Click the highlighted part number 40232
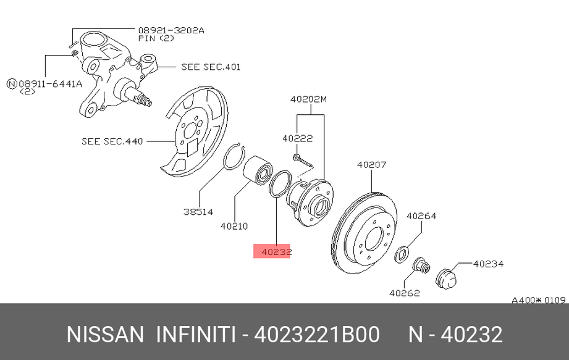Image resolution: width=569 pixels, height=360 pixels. (277, 251)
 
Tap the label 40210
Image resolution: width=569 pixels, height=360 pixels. (234, 226)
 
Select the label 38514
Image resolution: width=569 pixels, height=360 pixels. (198, 212)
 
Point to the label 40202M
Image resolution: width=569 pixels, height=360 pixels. (308, 99)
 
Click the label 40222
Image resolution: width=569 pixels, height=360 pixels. (298, 138)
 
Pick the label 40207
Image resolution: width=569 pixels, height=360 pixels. (371, 165)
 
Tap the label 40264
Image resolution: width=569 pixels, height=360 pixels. (421, 216)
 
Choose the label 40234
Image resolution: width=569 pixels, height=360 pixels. (489, 264)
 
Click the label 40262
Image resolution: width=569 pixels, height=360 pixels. (405, 293)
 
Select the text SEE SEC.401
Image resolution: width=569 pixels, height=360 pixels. (211, 67)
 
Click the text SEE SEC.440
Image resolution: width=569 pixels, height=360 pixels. (112, 141)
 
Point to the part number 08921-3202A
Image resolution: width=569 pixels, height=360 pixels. (171, 30)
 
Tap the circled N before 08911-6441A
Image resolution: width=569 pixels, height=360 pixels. (12, 84)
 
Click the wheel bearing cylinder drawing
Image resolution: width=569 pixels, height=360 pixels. (257, 170)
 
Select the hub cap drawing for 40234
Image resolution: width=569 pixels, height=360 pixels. (446, 278)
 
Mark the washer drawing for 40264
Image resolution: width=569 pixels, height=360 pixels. (402, 254)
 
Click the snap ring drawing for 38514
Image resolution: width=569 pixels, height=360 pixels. (234, 156)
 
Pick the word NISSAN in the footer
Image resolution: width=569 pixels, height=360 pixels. (105, 334)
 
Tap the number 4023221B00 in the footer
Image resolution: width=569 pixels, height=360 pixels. (317, 334)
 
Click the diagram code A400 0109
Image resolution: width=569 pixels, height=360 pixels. (539, 300)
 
